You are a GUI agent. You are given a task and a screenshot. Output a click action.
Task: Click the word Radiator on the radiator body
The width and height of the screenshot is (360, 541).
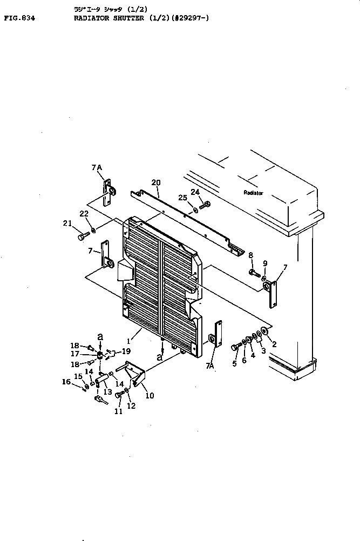[x=253, y=193]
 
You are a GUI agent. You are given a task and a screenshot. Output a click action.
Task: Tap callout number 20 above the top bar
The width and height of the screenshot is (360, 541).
[x=156, y=182]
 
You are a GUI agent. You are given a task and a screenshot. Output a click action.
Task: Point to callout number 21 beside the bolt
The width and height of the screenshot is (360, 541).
[x=67, y=224]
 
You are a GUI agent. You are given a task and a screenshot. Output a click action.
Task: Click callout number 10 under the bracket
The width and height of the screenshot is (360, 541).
[x=149, y=395]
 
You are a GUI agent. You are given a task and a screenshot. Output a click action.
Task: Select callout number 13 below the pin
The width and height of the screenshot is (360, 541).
[x=107, y=392]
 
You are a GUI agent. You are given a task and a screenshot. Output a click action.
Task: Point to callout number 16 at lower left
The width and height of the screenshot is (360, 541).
[x=67, y=382]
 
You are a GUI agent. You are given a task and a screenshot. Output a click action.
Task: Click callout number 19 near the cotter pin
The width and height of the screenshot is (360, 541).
[x=126, y=351]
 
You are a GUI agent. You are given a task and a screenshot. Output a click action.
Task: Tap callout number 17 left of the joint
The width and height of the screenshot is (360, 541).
[x=74, y=354]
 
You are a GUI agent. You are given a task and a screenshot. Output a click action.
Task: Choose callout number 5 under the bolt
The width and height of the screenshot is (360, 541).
[x=234, y=363]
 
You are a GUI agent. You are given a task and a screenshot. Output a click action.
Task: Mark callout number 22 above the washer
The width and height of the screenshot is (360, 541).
[x=84, y=214]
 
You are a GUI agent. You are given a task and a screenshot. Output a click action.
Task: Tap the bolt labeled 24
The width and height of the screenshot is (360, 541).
[x=206, y=205]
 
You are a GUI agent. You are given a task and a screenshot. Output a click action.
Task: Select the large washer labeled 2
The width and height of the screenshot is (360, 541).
[x=264, y=330]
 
